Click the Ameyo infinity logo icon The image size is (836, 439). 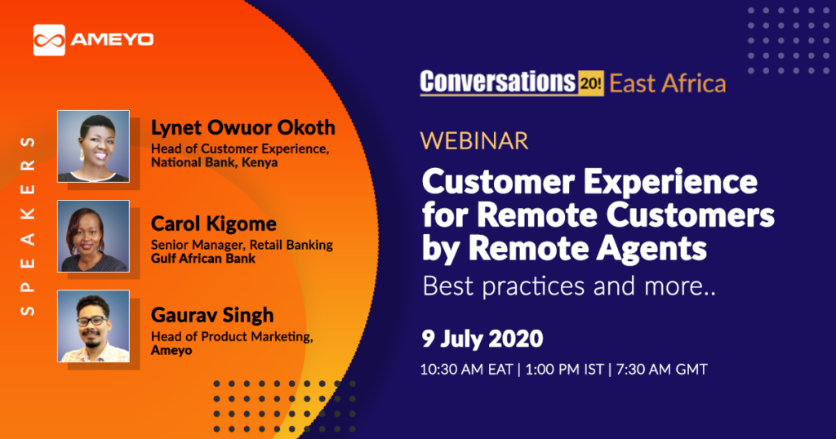click(49, 40)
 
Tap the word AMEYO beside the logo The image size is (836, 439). click(112, 40)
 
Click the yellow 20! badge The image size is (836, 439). click(591, 83)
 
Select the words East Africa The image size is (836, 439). click(668, 84)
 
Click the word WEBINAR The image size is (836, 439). click(474, 141)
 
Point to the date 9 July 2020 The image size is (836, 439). click(482, 339)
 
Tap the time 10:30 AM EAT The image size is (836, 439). click(466, 369)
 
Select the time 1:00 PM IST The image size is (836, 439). click(565, 369)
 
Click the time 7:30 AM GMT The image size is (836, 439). click(661, 369)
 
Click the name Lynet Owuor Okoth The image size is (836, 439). click(243, 128)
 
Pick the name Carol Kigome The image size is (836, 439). click(213, 224)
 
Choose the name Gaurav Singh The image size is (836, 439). click(212, 315)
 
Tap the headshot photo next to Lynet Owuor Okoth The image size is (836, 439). click(93, 147)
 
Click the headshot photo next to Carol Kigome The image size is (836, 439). click(93, 236)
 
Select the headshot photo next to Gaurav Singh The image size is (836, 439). click(93, 326)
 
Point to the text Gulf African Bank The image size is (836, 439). click(203, 259)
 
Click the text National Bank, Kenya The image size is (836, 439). click(215, 162)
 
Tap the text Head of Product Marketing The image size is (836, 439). click(232, 337)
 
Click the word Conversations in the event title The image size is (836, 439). click(498, 82)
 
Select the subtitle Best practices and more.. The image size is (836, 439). click(569, 286)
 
